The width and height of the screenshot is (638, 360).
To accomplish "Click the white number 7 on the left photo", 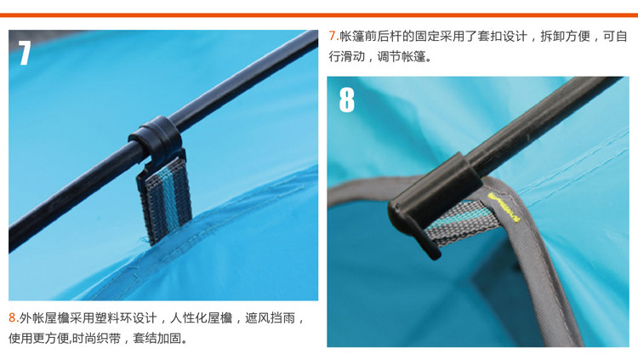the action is click(25, 53).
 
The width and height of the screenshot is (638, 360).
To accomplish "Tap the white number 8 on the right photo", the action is click(347, 100).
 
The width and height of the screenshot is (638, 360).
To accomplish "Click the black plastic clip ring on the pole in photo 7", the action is click(157, 139).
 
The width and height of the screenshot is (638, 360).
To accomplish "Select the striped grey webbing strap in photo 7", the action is click(166, 200).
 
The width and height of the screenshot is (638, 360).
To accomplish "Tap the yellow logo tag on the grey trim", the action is click(504, 208).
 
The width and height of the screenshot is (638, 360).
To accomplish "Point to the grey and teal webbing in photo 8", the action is click(464, 223).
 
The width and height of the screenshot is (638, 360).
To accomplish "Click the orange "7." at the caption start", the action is click(333, 37).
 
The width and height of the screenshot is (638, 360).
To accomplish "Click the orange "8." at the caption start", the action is click(14, 317).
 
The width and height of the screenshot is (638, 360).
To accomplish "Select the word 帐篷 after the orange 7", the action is click(352, 37).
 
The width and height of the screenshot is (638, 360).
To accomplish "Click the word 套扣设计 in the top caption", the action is click(502, 37).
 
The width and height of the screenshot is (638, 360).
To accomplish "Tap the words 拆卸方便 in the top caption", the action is click(565, 37).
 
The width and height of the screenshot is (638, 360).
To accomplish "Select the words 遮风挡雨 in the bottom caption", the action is click(270, 317).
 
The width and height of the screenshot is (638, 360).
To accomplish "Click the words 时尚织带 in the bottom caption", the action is click(96, 338).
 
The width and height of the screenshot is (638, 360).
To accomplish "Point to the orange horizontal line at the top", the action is click(319, 15).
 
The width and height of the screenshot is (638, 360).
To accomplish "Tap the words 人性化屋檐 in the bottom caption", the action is click(201, 317).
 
